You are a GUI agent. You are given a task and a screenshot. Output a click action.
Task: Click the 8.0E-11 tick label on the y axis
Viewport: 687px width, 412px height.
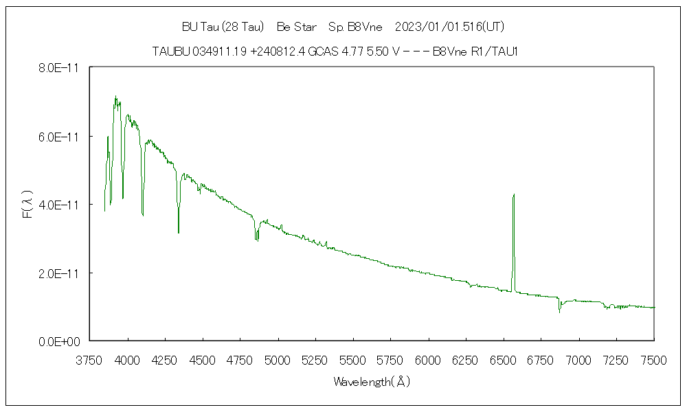coord(60,68)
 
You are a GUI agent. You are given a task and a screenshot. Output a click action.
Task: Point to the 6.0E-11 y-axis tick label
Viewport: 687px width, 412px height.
coord(60,137)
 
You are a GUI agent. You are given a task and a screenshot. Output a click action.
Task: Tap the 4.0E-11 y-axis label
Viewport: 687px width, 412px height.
coord(60,205)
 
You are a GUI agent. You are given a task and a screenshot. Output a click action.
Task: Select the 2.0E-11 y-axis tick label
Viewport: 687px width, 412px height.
coord(60,273)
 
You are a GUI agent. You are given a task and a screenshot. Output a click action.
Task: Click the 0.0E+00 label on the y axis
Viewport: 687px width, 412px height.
coord(60,341)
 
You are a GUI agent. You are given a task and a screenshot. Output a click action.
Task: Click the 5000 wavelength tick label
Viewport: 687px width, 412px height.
coord(278,359)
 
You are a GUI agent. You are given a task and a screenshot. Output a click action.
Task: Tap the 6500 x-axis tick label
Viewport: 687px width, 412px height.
coord(504,359)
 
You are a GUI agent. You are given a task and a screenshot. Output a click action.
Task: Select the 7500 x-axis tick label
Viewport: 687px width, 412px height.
coord(653,359)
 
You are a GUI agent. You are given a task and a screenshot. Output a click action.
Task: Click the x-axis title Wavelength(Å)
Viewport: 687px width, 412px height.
coord(372,382)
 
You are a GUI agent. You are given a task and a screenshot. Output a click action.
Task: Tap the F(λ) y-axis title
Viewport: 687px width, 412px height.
coord(27,205)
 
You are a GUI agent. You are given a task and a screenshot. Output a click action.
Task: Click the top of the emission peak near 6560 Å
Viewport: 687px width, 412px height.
coord(513,194)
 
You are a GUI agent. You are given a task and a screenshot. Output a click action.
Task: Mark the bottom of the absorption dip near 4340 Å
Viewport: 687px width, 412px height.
coord(179,232)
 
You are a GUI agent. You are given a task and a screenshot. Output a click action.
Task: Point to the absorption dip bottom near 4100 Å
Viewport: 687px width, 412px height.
coord(142,215)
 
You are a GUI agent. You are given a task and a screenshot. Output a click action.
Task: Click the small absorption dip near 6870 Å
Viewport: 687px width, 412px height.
coord(559,311)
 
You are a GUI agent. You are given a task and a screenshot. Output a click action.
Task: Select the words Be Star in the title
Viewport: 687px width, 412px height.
coord(297,27)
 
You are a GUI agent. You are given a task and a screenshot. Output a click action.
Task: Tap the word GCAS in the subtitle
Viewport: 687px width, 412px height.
coord(322,51)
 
